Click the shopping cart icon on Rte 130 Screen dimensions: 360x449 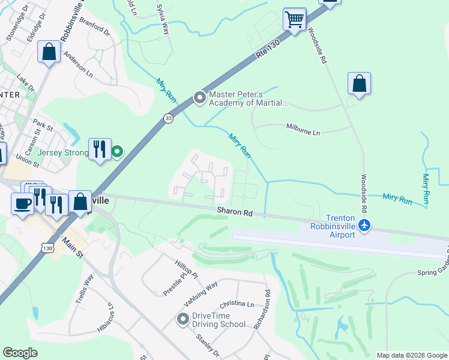(294, 19)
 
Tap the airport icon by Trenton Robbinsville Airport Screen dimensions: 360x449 (364, 226)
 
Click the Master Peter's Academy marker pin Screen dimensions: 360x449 (199, 97)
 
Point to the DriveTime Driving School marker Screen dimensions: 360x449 (182, 320)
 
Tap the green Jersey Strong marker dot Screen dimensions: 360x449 (118, 152)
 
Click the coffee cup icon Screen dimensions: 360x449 (23, 203)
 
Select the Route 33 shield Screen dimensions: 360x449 (168, 119)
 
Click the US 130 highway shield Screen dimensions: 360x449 (46, 247)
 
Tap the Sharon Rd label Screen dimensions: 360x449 (235, 212)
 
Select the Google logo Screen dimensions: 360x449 (20, 353)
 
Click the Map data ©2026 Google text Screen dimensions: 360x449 (411, 355)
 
